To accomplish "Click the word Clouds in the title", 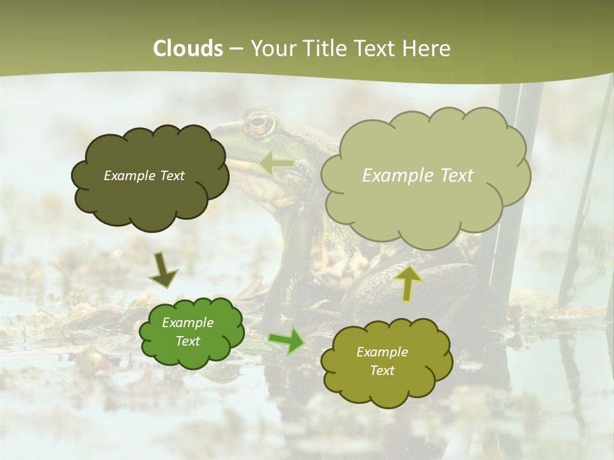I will point(188,49).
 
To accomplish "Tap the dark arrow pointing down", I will point(162,270).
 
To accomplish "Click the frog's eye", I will point(258,123).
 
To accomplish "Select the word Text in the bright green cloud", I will point(188,341).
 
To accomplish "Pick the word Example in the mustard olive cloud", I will point(382,352).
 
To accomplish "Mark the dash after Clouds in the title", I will point(236,49).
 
